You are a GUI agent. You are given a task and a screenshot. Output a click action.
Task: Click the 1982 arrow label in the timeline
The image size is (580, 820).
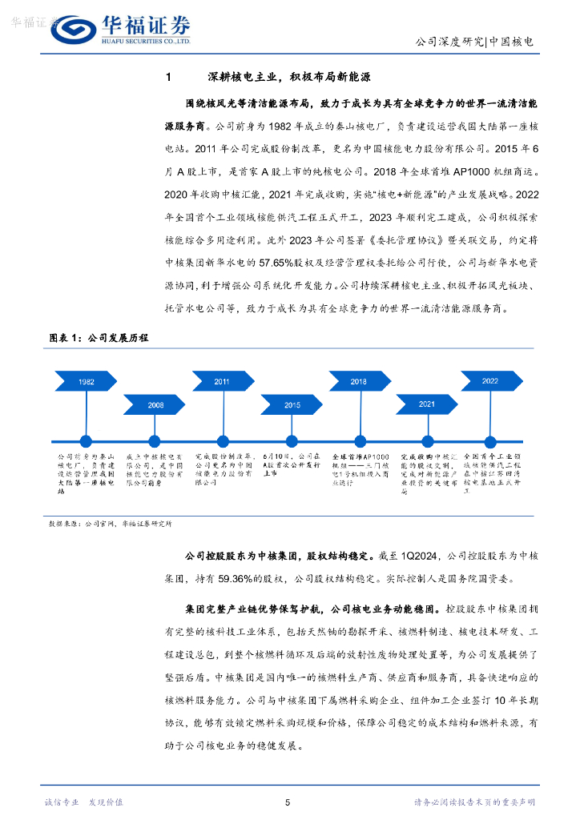point(86,381)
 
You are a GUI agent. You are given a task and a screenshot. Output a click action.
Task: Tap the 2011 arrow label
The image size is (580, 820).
point(222,381)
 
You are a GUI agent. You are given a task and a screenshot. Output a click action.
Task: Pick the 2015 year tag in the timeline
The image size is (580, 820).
point(292,405)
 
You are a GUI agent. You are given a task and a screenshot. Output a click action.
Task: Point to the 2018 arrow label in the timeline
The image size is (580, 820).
point(358,381)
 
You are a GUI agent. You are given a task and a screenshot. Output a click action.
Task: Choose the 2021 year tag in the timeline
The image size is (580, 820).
point(426,404)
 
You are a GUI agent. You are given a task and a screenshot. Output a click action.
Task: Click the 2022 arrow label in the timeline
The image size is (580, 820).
point(489,381)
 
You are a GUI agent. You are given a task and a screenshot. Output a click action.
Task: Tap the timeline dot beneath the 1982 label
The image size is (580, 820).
point(86,439)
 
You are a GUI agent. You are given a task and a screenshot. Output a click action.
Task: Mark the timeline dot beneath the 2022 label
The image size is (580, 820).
point(489,439)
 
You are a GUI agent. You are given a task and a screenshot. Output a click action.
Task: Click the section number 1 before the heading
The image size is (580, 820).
point(167,78)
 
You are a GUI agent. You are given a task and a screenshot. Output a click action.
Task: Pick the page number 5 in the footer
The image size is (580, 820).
point(288,802)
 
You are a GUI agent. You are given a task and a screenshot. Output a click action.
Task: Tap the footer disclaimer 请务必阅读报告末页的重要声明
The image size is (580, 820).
point(474,802)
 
